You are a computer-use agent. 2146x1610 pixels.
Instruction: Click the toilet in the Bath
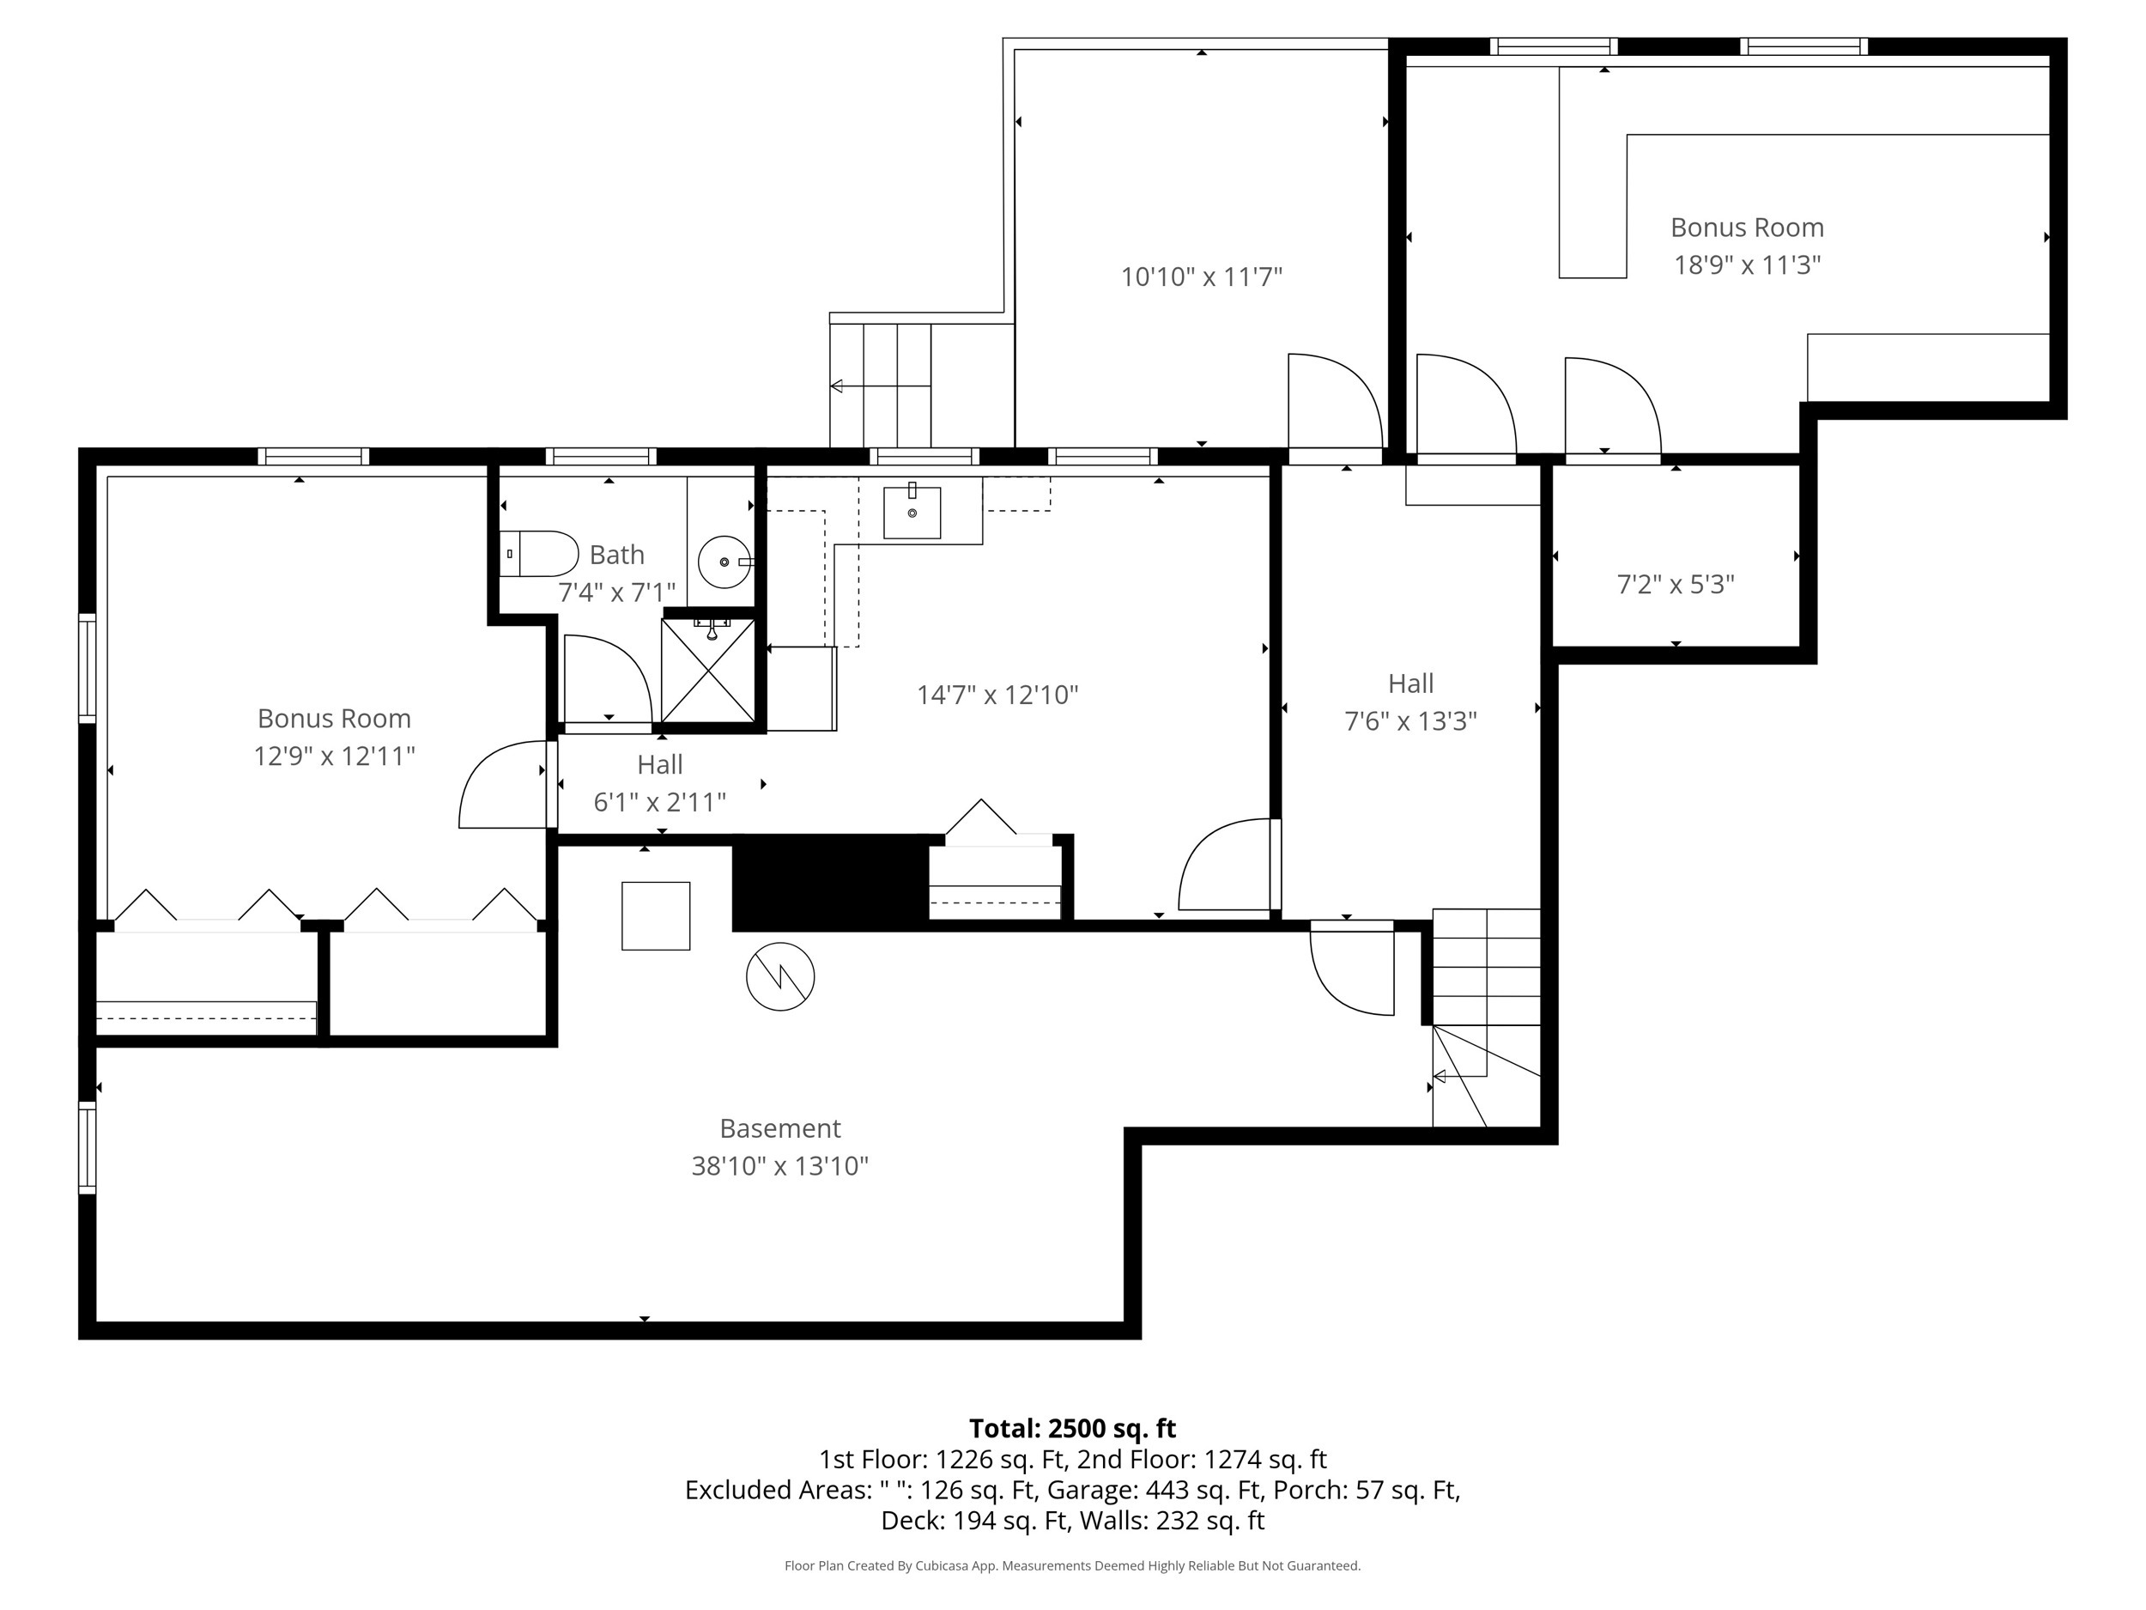(x=539, y=554)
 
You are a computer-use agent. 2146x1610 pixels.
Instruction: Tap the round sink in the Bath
(x=724, y=562)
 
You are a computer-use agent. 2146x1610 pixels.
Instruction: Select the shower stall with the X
(x=708, y=671)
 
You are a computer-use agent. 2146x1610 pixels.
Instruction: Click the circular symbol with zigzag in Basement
(x=780, y=976)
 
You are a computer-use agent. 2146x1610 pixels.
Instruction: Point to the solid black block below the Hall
(x=829, y=881)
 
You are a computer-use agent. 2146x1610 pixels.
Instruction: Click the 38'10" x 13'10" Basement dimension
(x=779, y=1165)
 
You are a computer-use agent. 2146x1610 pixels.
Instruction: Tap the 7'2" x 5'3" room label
(x=1676, y=584)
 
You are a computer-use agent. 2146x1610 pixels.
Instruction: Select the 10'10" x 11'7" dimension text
(x=1201, y=277)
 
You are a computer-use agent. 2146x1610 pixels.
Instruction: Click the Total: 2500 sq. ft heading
(x=1072, y=1429)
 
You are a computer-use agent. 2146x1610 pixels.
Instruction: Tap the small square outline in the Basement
(x=656, y=915)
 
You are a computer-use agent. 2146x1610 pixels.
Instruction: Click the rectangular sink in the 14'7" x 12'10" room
(x=911, y=512)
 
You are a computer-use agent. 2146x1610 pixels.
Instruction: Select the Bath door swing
(x=606, y=679)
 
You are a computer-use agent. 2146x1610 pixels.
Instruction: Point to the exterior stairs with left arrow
(x=880, y=386)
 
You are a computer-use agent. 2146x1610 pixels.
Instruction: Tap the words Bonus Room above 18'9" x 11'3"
(x=1746, y=227)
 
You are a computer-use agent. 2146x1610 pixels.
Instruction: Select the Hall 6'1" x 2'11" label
(x=660, y=783)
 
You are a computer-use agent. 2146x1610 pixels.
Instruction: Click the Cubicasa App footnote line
(x=1072, y=1565)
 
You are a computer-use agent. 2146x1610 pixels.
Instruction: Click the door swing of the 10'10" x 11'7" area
(x=1334, y=401)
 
